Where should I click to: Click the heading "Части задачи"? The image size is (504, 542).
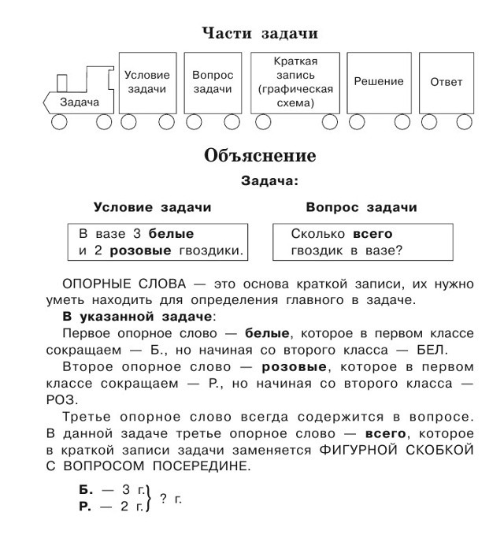pyautogui.click(x=260, y=34)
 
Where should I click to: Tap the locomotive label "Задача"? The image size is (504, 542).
pyautogui.click(x=80, y=102)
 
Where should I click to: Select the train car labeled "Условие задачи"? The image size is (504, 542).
pyautogui.click(x=147, y=83)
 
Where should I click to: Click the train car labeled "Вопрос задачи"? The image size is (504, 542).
pyautogui.click(x=213, y=83)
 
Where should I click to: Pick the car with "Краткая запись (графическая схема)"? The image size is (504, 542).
pyautogui.click(x=295, y=83)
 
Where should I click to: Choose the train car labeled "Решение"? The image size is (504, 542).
pyautogui.click(x=379, y=83)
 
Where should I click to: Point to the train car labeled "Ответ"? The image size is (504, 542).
pyautogui.click(x=447, y=83)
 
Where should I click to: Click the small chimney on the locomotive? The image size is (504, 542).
pyautogui.click(x=62, y=83)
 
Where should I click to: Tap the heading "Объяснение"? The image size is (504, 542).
pyautogui.click(x=260, y=155)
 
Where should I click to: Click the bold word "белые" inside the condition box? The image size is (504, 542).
pyautogui.click(x=171, y=234)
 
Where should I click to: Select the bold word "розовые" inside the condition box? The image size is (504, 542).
pyautogui.click(x=140, y=251)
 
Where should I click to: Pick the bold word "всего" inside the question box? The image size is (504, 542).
pyautogui.click(x=372, y=234)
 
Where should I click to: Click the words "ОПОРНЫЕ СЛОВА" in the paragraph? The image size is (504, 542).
pyautogui.click(x=124, y=284)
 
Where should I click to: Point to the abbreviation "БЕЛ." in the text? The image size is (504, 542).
pyautogui.click(x=432, y=350)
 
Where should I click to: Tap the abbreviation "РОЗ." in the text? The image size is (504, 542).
pyautogui.click(x=62, y=400)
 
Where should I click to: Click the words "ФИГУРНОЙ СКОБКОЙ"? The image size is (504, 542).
pyautogui.click(x=396, y=450)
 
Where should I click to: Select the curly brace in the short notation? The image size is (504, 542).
pyautogui.click(x=150, y=499)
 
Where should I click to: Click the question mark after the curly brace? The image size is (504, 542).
pyautogui.click(x=163, y=499)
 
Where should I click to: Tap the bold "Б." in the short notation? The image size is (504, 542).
pyautogui.click(x=86, y=490)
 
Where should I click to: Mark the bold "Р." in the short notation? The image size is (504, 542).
pyautogui.click(x=85, y=507)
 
